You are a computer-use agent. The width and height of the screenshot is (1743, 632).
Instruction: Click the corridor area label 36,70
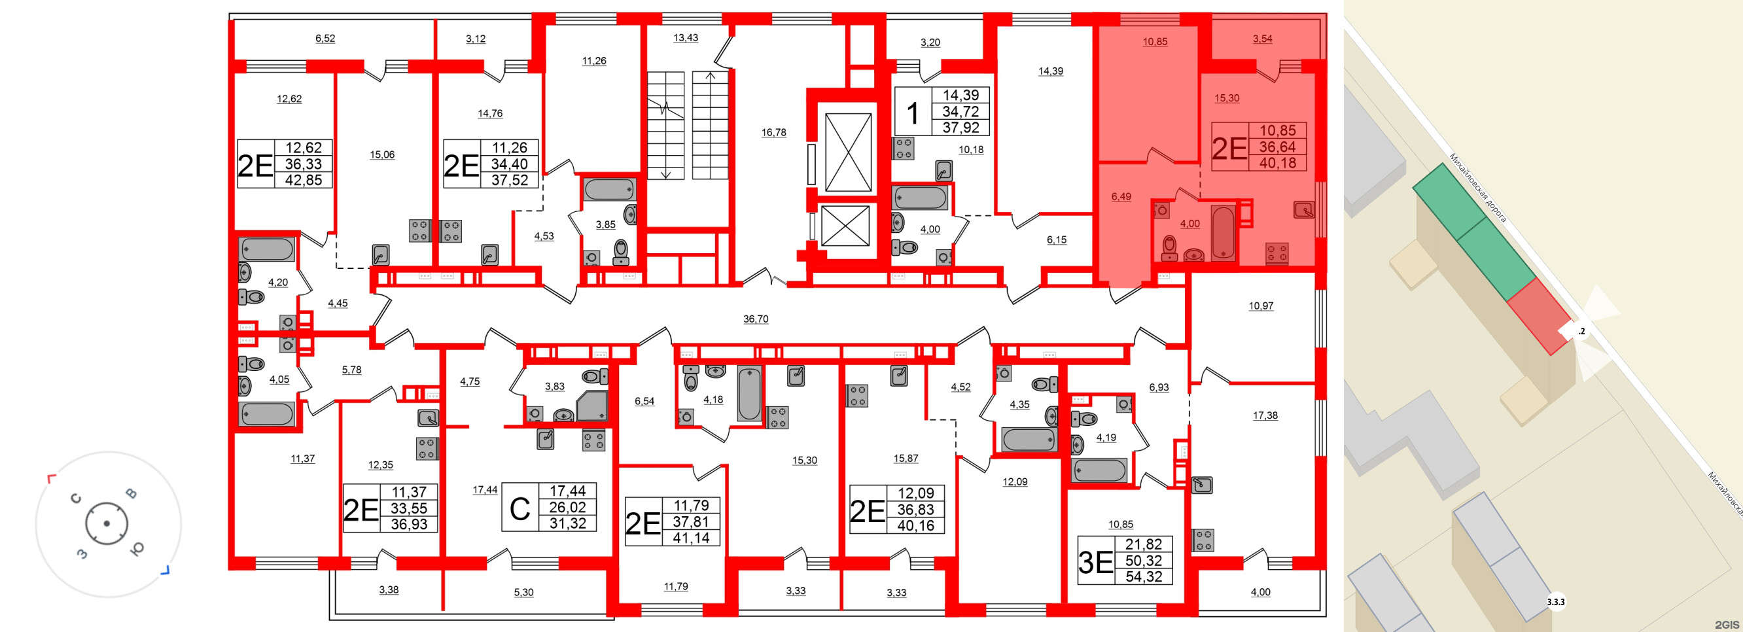(755, 319)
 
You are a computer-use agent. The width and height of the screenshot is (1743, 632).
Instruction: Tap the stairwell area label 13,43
(685, 38)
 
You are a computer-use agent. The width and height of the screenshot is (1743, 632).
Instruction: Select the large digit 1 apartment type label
(913, 113)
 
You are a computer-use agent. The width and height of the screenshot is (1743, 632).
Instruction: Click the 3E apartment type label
(1095, 561)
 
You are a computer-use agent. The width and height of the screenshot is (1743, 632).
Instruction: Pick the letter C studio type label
(519, 509)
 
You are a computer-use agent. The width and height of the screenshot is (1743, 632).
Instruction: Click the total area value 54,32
(1144, 577)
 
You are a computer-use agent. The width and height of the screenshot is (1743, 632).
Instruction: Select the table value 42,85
(303, 180)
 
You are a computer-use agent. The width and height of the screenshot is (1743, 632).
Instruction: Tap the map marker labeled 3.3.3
(1556, 601)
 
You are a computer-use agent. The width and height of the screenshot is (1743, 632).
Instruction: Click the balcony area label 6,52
(325, 39)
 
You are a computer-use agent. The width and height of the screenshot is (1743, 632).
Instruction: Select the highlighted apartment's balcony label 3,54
(1262, 39)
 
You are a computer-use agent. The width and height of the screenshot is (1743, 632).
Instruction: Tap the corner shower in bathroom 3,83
(592, 406)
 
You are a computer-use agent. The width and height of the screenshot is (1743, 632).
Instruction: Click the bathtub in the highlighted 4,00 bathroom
(1223, 233)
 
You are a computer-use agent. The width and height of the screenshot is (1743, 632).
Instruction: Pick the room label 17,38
(1265, 415)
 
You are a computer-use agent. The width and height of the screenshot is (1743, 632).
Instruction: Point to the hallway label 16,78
(773, 133)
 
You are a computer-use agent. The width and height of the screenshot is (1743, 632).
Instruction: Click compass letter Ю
(136, 549)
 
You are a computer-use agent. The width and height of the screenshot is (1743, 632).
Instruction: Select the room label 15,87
(906, 458)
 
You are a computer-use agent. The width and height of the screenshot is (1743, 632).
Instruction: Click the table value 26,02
(567, 508)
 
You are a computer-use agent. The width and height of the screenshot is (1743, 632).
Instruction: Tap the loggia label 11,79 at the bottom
(675, 587)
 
